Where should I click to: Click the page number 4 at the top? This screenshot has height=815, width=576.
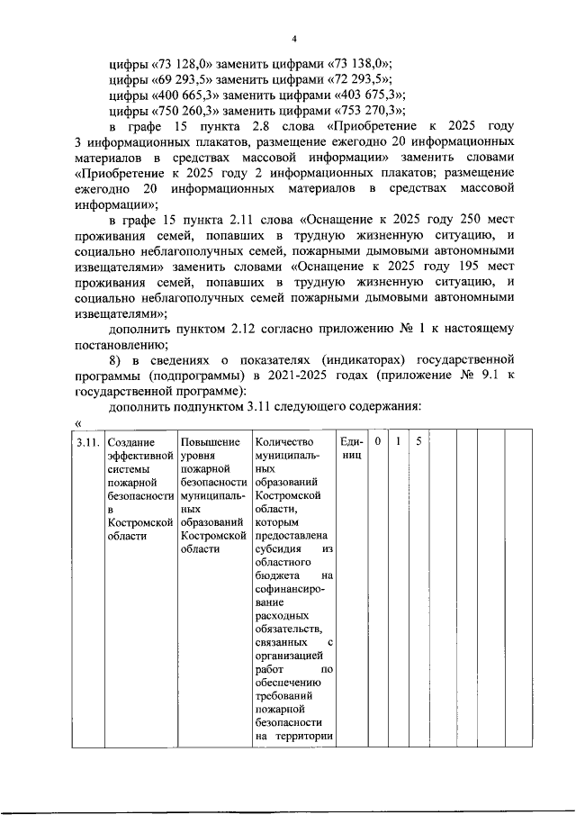[x=293, y=38]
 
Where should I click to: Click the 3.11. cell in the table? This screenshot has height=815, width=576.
[x=86, y=442]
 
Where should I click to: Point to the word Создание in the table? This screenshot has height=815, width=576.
[x=130, y=442]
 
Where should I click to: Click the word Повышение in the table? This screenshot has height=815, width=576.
[x=211, y=442]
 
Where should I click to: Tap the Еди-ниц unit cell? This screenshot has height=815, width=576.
[x=352, y=449]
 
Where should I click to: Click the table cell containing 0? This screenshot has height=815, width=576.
[x=378, y=442]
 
